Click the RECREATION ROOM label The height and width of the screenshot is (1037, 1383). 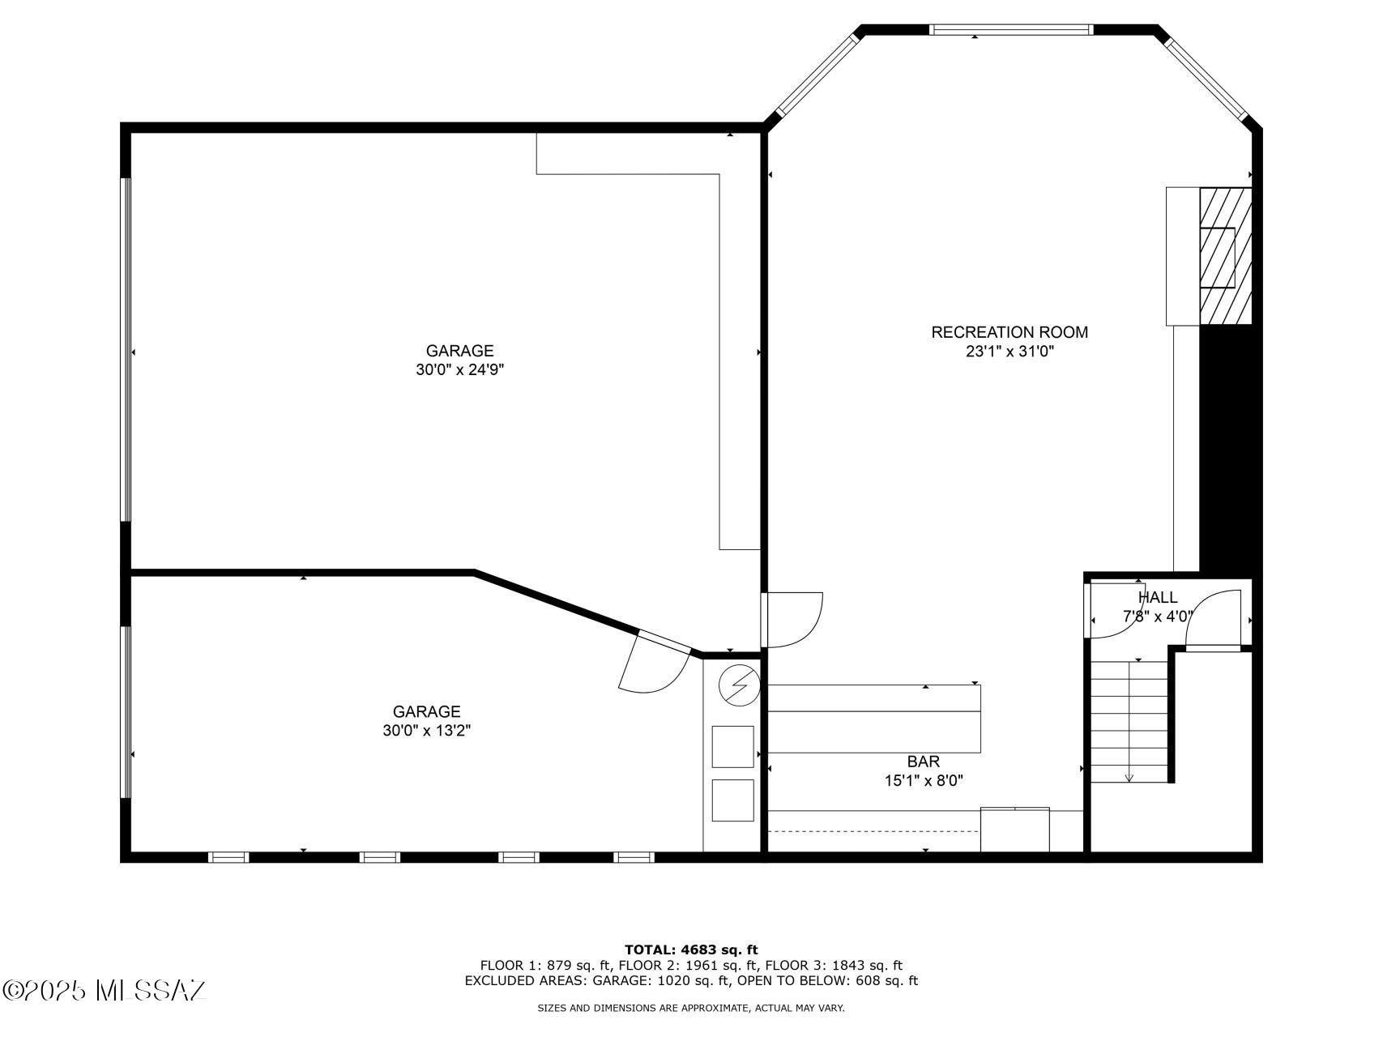[1009, 332]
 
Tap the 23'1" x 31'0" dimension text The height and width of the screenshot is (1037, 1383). [1009, 352]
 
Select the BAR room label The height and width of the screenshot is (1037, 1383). [923, 762]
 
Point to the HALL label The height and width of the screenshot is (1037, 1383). [1158, 597]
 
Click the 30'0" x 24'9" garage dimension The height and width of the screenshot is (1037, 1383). [460, 370]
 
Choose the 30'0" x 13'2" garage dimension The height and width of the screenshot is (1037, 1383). [427, 731]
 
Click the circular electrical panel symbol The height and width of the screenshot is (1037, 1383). [738, 686]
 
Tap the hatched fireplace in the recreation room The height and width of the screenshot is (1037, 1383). [1225, 257]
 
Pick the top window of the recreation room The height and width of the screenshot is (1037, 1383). [1010, 30]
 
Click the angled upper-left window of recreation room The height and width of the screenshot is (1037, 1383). [817, 76]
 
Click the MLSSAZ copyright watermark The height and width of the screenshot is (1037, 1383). [105, 990]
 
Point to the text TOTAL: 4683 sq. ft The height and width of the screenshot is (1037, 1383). [691, 950]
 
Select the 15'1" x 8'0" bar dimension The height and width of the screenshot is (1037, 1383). [923, 781]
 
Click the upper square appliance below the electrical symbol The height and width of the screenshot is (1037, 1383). [732, 747]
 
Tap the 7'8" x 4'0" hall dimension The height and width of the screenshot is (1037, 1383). [1158, 617]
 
